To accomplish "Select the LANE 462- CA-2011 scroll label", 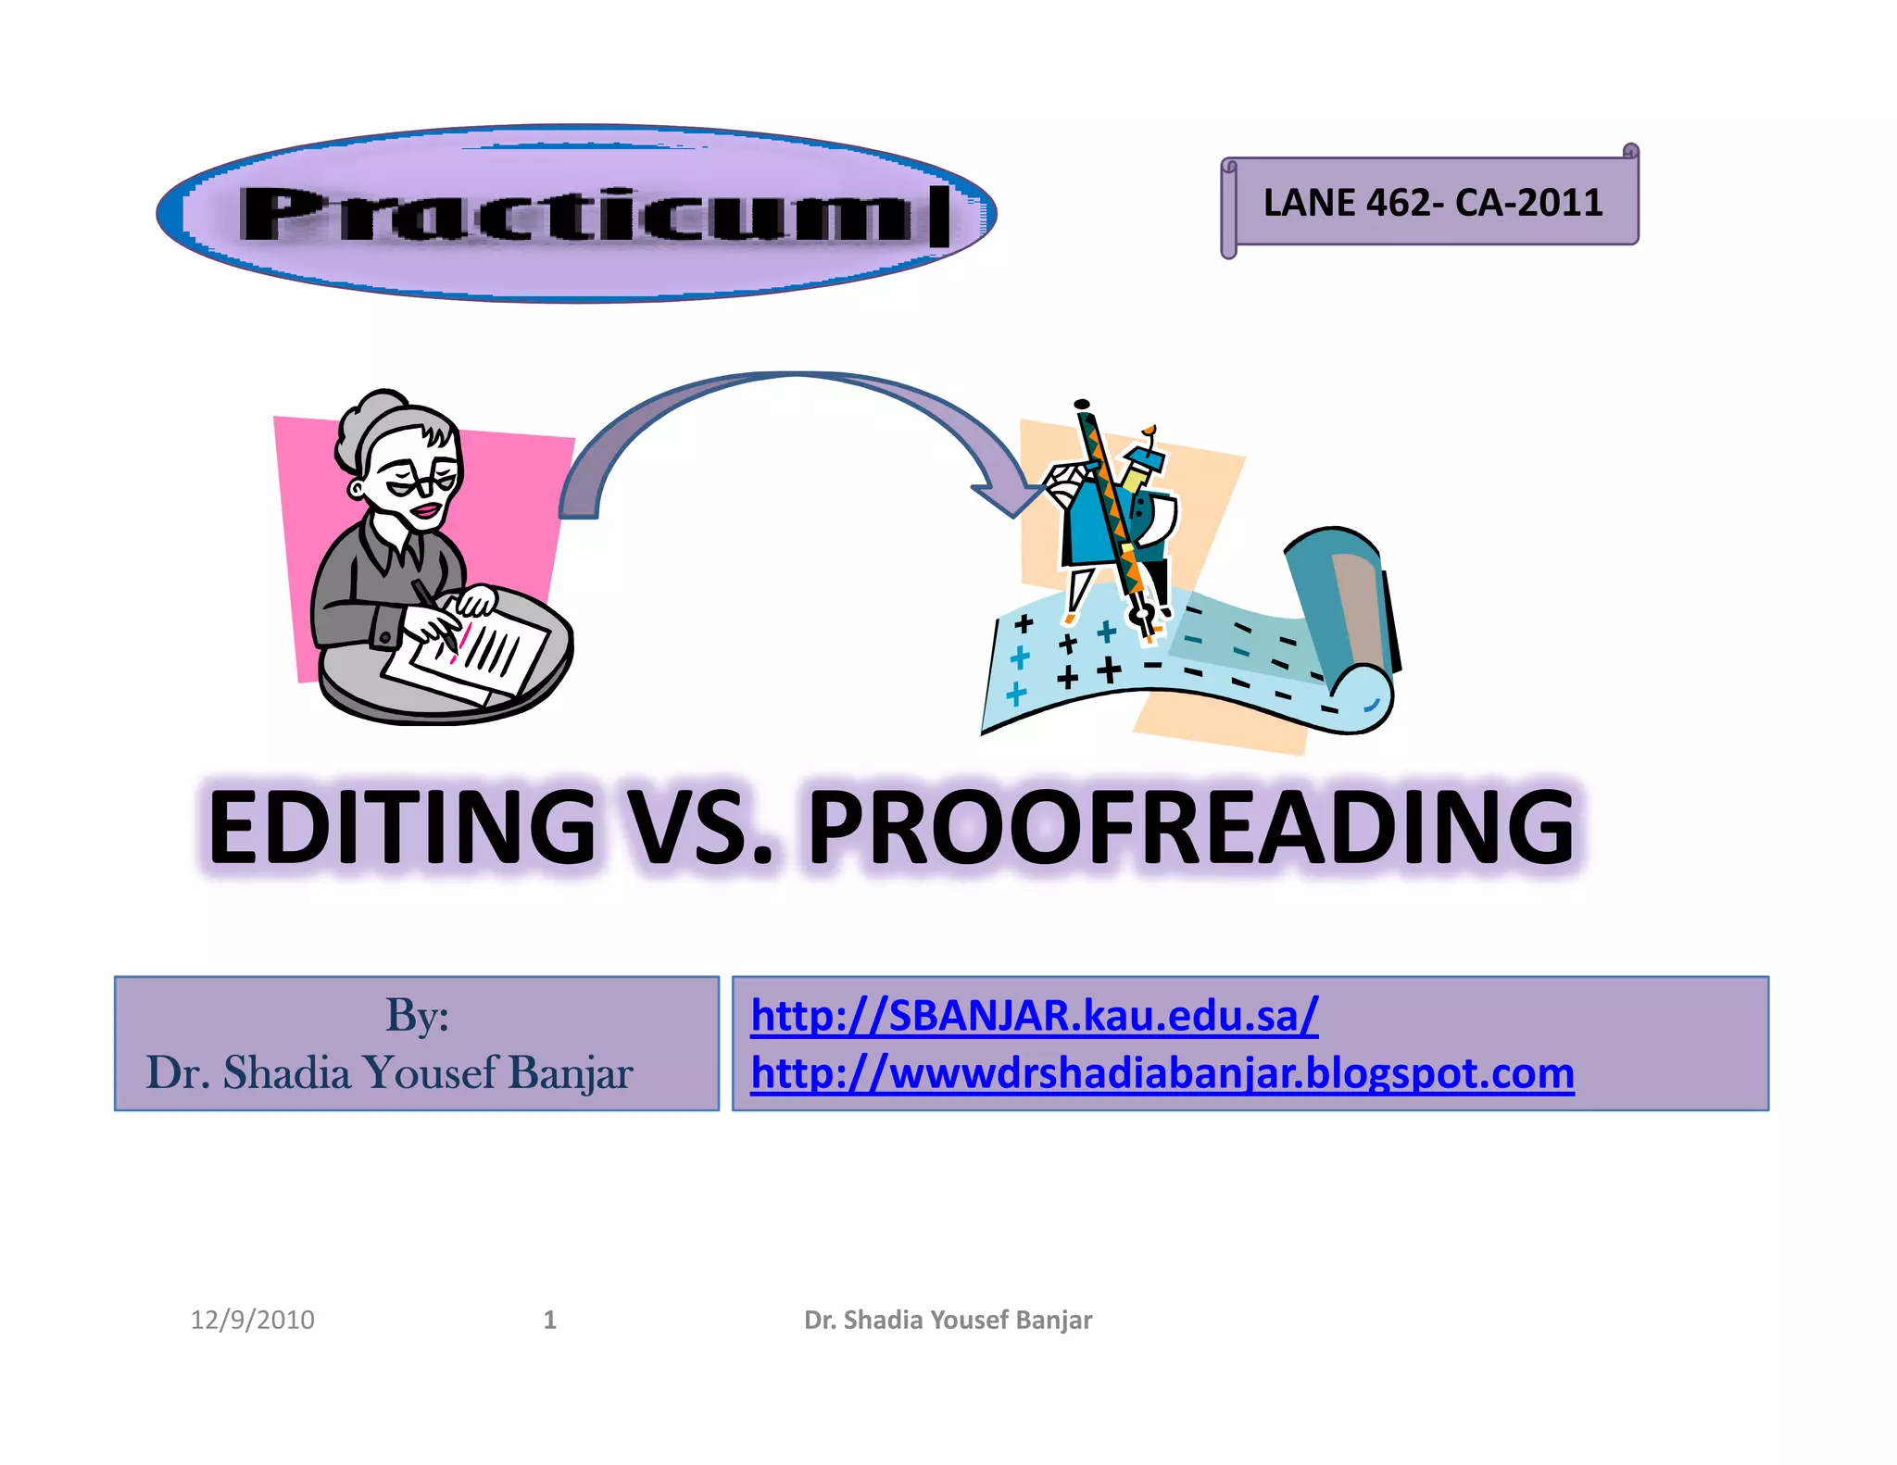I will click(x=1432, y=203).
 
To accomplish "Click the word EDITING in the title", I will click(x=401, y=826).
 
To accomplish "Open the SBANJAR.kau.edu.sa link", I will click(x=1034, y=1016).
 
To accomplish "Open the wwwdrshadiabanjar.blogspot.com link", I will click(x=1162, y=1074).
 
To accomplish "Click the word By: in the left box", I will click(x=417, y=1016).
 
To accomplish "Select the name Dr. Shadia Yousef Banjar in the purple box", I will click(x=389, y=1073).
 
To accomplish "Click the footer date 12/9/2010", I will click(x=252, y=1320).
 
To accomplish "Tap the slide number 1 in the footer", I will click(x=549, y=1320).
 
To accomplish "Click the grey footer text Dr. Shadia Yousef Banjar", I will click(x=948, y=1320).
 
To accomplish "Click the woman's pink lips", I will click(x=426, y=511).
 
